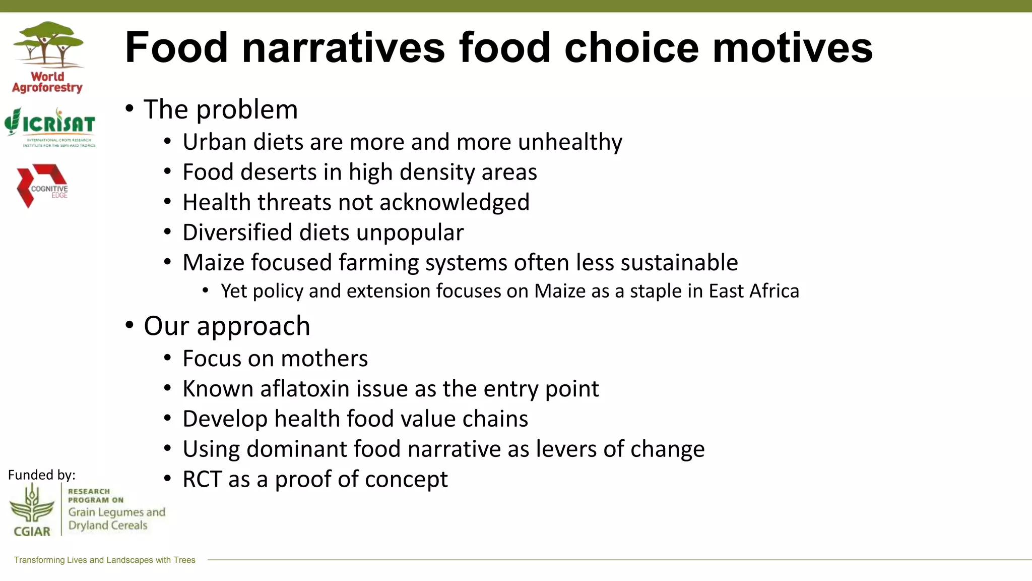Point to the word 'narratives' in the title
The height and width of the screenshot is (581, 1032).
(x=343, y=47)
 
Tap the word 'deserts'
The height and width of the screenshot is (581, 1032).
(x=279, y=172)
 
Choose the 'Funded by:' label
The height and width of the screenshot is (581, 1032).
(x=42, y=475)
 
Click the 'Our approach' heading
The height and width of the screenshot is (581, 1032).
(x=227, y=326)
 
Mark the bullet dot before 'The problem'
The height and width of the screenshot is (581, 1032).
(x=130, y=109)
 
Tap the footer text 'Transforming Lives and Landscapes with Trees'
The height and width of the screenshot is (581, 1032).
(x=104, y=560)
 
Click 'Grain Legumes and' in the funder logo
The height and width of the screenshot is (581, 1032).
(x=117, y=512)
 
